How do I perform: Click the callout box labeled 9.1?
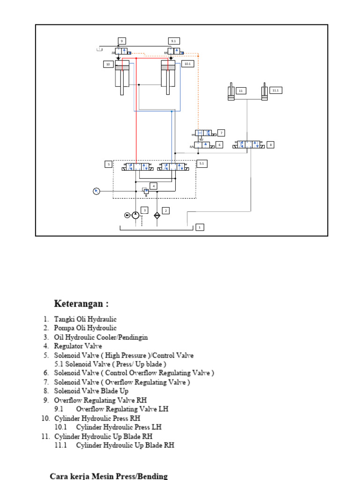(174, 41)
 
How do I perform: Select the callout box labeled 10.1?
(187, 64)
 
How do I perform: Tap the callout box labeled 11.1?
(275, 90)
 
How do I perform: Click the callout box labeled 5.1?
(202, 164)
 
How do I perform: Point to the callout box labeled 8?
(270, 145)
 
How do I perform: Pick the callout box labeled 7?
(221, 133)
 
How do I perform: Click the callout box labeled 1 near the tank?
(200, 227)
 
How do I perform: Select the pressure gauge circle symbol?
(96, 191)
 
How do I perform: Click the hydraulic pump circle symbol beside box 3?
(135, 215)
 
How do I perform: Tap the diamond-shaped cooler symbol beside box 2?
(157, 215)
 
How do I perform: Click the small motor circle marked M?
(127, 215)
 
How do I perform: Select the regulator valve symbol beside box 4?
(146, 191)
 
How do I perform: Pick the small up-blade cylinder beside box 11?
(231, 91)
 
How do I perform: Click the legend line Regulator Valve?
(78, 346)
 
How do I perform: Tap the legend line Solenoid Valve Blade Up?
(91, 391)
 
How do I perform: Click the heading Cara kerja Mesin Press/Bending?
(108, 476)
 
